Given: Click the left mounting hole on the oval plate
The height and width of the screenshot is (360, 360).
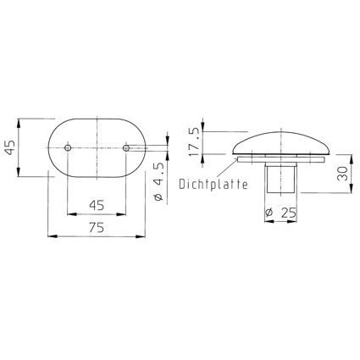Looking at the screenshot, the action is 68,147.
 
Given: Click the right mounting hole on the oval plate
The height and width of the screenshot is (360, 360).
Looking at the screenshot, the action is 126,147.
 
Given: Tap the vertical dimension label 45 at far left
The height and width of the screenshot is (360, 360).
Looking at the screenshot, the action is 10,147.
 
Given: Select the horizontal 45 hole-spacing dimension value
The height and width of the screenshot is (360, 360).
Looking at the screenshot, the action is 97,205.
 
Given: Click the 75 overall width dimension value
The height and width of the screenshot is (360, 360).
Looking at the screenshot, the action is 97,227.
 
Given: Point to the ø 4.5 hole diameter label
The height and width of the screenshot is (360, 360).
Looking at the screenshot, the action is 159,181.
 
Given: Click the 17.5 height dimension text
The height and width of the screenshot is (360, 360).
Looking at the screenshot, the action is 194,142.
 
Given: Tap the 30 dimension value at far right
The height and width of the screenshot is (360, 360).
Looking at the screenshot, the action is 342,174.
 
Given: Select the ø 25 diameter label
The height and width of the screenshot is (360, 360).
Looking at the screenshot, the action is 281,212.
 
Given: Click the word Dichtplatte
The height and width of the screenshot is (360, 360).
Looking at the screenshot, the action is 213,185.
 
